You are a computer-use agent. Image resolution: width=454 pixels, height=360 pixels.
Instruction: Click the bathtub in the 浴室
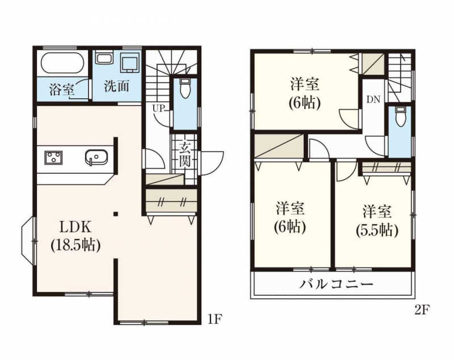(x=63, y=64)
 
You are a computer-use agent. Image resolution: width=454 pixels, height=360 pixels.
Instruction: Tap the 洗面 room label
(x=116, y=87)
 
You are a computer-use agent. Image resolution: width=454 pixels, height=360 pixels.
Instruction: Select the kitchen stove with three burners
(x=53, y=158)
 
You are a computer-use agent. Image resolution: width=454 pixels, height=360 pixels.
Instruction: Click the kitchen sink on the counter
(x=96, y=158)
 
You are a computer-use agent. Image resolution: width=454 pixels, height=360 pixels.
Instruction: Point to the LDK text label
(x=75, y=228)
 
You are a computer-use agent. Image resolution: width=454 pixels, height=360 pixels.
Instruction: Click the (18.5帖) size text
(x=75, y=245)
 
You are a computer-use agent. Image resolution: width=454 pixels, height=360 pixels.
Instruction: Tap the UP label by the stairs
(x=159, y=108)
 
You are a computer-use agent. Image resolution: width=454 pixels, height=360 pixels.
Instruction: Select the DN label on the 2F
(x=373, y=99)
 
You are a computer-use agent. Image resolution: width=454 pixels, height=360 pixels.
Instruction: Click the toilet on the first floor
(x=184, y=87)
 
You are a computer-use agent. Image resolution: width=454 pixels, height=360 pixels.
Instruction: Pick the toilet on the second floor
(x=401, y=116)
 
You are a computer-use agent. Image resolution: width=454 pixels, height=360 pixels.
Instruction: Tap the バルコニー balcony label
(x=336, y=284)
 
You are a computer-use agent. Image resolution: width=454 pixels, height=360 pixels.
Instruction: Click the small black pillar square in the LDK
(x=116, y=214)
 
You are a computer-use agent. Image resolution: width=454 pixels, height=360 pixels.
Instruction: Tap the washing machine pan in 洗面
(x=129, y=63)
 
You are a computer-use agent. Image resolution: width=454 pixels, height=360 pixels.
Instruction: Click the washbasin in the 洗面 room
(x=104, y=58)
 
